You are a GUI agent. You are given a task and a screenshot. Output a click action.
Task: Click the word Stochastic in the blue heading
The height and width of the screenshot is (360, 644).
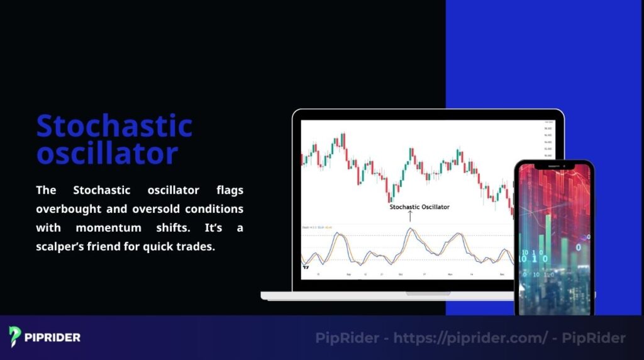click(x=114, y=126)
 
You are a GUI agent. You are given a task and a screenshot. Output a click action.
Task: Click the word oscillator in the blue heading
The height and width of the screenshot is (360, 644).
click(x=107, y=153)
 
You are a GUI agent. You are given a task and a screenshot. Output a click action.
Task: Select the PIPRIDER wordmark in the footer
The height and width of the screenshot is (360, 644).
click(x=53, y=337)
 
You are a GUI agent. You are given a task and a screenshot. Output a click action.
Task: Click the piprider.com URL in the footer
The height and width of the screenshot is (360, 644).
click(x=470, y=338)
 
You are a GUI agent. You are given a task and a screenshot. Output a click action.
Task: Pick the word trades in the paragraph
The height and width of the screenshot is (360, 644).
click(x=196, y=247)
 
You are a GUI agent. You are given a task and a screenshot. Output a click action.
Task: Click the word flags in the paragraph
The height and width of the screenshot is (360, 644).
click(x=230, y=189)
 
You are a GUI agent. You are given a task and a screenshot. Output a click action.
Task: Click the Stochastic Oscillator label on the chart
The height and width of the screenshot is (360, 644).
click(x=419, y=206)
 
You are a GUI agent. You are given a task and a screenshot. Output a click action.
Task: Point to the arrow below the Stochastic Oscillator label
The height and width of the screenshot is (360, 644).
click(x=410, y=216)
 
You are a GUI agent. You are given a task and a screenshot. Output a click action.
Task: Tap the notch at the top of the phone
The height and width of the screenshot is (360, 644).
click(x=553, y=166)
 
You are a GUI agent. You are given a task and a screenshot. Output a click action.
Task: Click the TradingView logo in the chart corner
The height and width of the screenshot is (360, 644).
click(x=306, y=267)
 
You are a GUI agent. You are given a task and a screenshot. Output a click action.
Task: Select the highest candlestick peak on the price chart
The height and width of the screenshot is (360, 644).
click(x=343, y=134)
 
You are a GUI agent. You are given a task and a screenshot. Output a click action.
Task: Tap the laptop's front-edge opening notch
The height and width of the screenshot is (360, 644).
click(x=428, y=293)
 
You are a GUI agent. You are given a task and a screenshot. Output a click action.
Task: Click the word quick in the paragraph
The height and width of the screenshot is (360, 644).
click(x=159, y=247)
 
